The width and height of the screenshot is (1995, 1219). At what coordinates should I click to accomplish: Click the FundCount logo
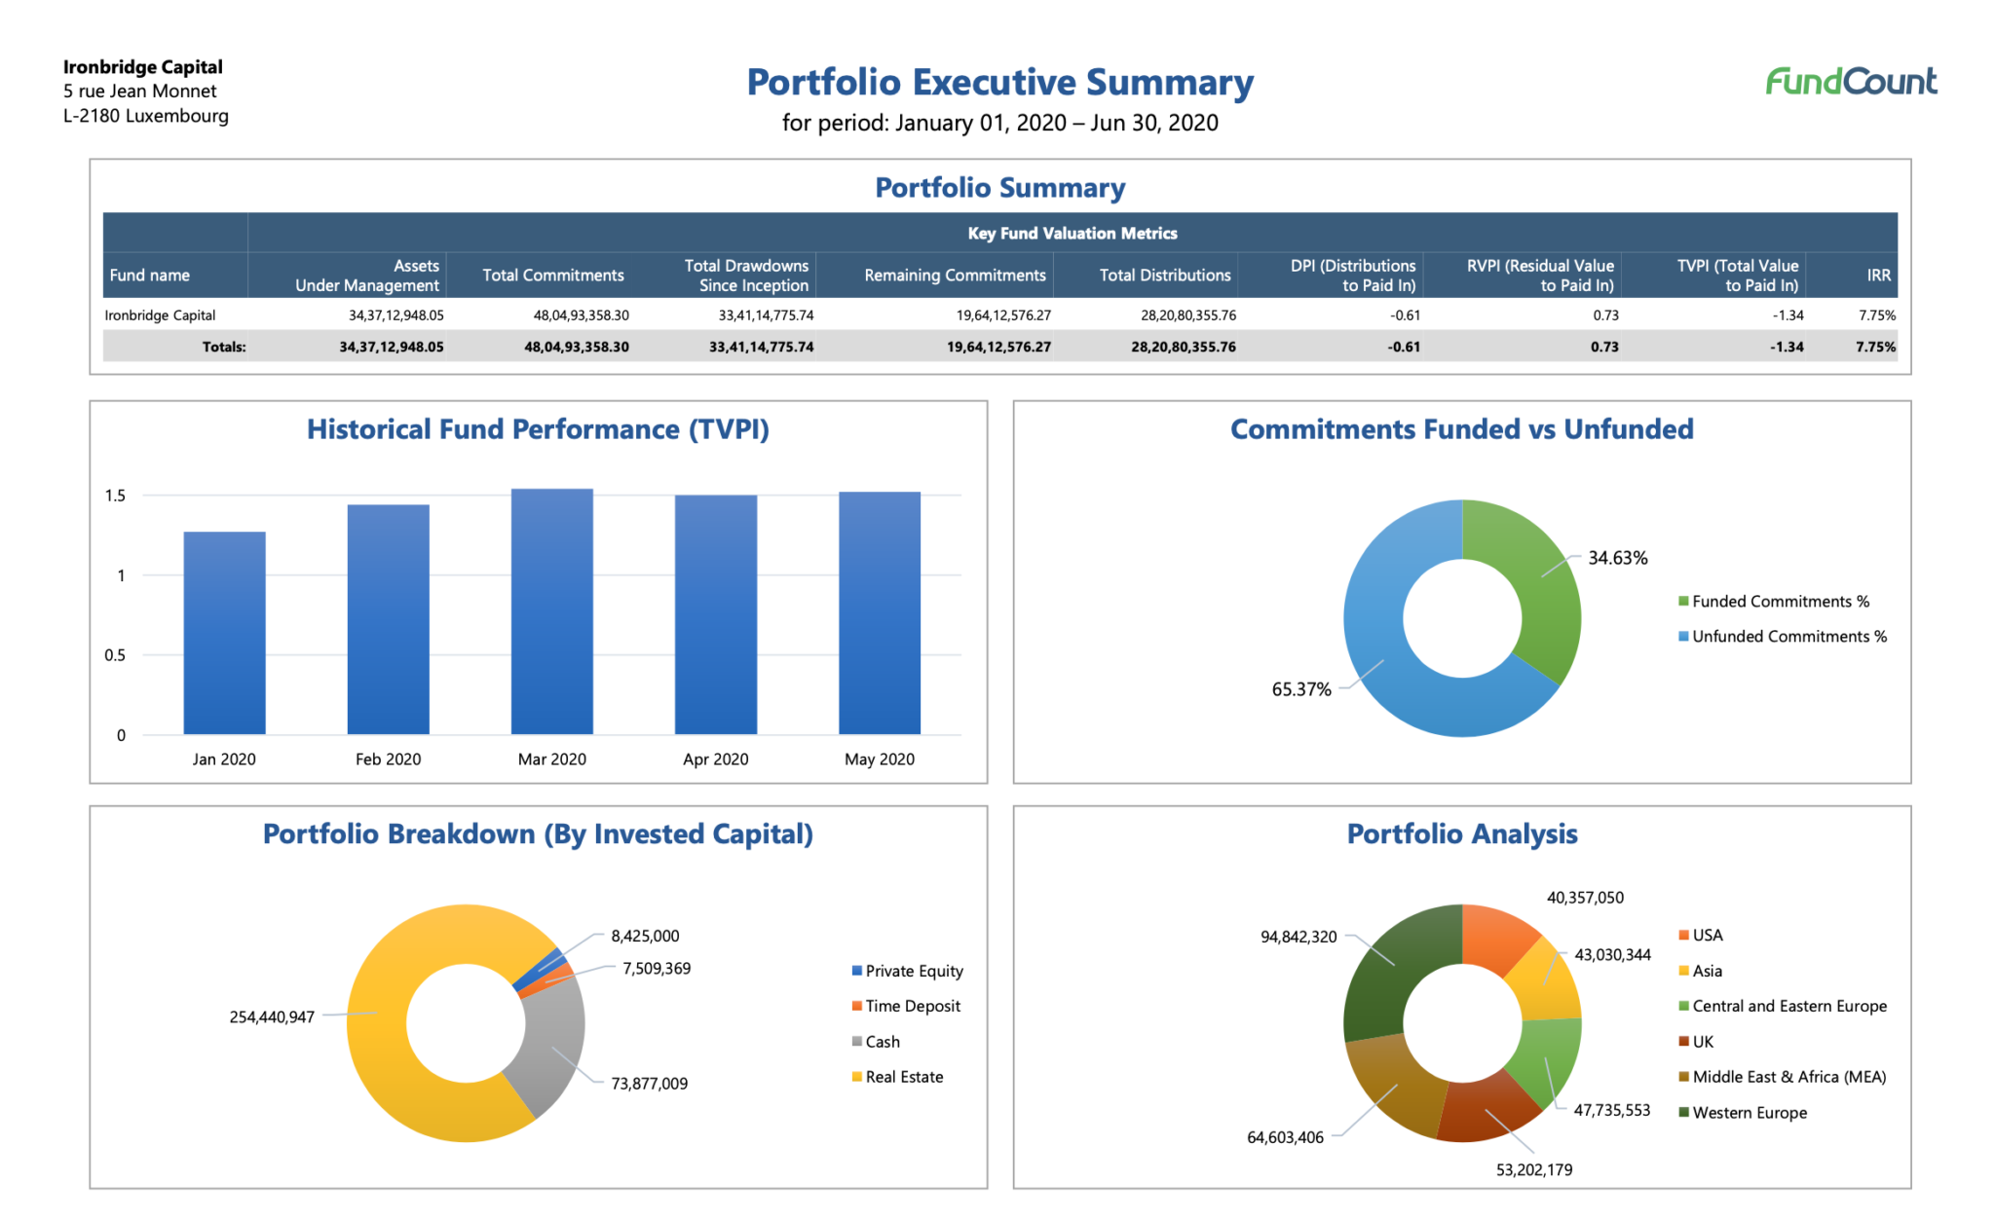pos(1851,81)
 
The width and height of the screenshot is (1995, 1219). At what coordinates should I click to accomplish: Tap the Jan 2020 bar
pos(224,633)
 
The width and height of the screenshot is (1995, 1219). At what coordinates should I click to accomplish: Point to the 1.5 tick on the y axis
pos(115,496)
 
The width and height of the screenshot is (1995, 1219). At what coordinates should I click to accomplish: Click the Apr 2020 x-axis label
pos(715,759)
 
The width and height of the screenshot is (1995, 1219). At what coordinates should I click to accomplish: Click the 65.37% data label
pos(1300,689)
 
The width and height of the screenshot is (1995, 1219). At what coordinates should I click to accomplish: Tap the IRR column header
pos(1878,276)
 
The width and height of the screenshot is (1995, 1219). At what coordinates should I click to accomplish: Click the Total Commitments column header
pos(553,276)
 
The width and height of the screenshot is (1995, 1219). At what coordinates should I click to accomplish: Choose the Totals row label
pos(223,347)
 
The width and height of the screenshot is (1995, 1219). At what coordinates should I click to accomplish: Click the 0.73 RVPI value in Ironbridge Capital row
pos(1604,315)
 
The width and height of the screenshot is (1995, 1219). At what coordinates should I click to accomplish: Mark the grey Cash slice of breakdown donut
pos(550,1047)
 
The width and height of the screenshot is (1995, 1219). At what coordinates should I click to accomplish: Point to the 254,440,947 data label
pos(272,1017)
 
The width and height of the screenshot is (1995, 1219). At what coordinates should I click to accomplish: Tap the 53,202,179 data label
pos(1533,1170)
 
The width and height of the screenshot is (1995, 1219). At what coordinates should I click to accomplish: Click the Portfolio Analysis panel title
pos(1461,834)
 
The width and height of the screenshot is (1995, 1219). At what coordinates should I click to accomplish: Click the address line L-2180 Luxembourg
pos(146,116)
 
